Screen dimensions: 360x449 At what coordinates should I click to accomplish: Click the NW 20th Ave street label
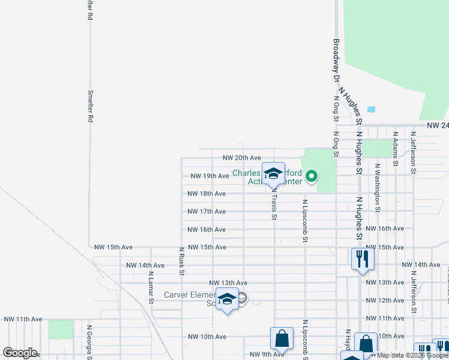pos(241,158)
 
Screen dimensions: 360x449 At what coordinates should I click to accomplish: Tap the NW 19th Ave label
pos(209,176)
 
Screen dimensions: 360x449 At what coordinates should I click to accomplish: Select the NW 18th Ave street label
pos(206,194)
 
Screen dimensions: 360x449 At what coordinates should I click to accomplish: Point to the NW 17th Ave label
pos(206,212)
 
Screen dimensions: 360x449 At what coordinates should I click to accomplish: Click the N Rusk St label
pos(181,260)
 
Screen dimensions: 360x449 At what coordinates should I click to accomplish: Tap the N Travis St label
pos(274,204)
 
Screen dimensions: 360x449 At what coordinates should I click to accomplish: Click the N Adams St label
pos(394,149)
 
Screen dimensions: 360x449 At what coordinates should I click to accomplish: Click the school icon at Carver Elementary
pos(228,299)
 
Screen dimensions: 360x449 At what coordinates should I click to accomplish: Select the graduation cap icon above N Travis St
pos(273,173)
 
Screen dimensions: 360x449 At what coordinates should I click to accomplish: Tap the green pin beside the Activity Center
pos(312,176)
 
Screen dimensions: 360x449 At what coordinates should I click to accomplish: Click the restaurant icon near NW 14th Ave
pos(362,258)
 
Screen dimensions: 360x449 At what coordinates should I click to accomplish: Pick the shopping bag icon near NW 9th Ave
pos(282,339)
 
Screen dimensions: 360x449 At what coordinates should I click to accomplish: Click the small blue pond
pos(371,110)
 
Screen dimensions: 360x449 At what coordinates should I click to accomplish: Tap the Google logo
pos(20,353)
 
